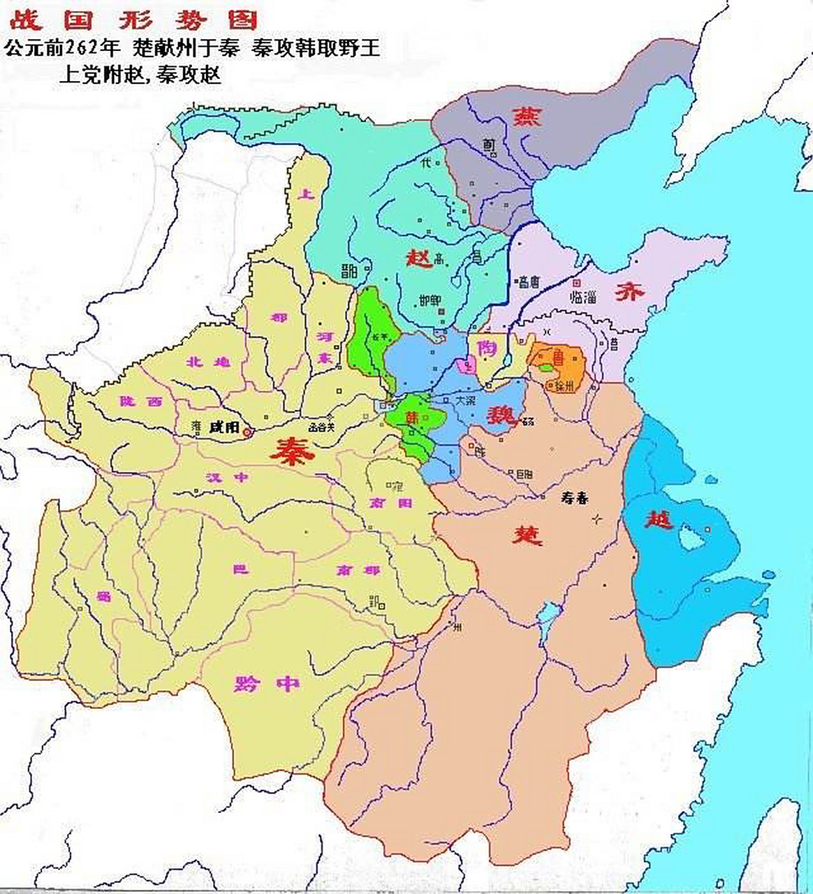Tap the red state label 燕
[x=527, y=115]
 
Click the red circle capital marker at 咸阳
[x=246, y=433]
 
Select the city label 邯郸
[x=430, y=300]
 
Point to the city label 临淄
[x=585, y=296]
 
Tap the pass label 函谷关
[x=322, y=426]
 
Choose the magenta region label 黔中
[x=268, y=683]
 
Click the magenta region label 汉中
[x=227, y=478]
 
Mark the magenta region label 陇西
[x=140, y=402]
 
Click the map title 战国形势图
[x=133, y=19]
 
